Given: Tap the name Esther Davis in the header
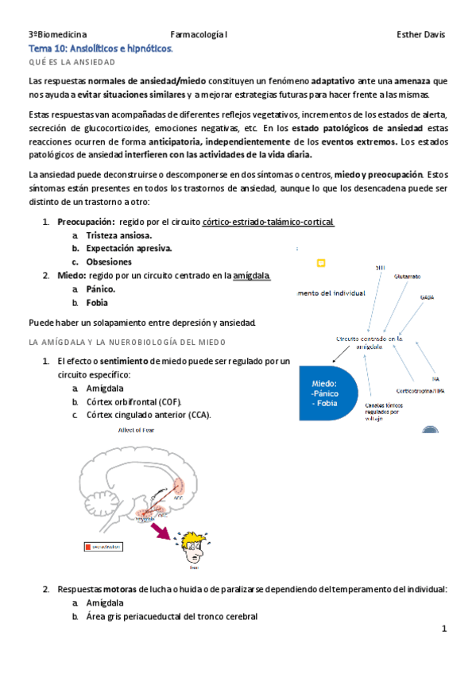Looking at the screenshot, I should point(420,35).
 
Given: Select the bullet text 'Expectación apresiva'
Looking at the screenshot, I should point(129,248).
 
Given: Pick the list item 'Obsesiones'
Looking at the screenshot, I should point(109,261).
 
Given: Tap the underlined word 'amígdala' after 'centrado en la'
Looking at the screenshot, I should point(252,275).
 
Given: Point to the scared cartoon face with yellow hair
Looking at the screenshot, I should point(194,546).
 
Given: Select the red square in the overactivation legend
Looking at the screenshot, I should point(88,547).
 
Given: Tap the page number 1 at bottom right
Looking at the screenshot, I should point(445,629).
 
